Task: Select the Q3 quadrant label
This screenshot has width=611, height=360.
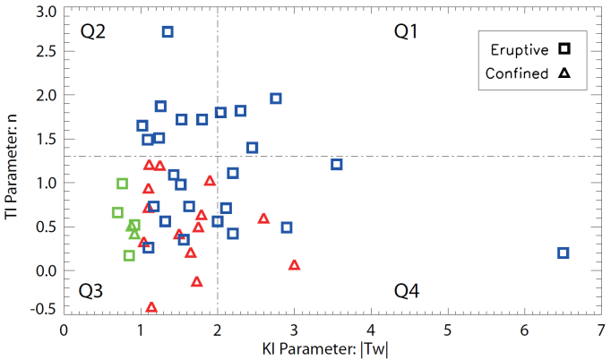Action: click(91, 291)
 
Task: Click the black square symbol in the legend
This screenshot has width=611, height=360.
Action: click(564, 48)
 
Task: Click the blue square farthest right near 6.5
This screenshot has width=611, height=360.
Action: click(564, 253)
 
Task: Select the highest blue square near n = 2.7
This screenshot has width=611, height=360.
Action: click(168, 32)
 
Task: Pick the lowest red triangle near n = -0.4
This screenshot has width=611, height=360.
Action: click(151, 307)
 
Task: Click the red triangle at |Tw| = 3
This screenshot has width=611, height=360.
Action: click(294, 265)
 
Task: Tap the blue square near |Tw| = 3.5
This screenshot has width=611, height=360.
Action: click(337, 165)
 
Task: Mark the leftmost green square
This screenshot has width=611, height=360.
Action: click(117, 213)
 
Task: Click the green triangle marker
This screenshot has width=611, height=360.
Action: click(134, 234)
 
